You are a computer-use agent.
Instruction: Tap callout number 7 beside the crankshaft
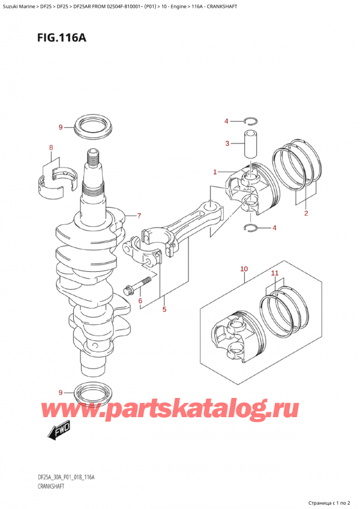[x=139, y=216]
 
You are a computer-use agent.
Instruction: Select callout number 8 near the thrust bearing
[x=51, y=148]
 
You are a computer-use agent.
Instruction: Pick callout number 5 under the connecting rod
[x=164, y=310]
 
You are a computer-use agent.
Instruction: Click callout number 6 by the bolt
[x=140, y=301]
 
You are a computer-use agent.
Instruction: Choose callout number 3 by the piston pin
[x=227, y=143]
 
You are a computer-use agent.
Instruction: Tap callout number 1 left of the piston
[x=214, y=172]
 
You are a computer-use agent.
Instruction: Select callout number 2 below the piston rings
[x=305, y=213]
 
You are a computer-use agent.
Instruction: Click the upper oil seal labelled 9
[x=92, y=128]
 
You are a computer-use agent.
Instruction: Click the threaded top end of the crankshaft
[x=94, y=159]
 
